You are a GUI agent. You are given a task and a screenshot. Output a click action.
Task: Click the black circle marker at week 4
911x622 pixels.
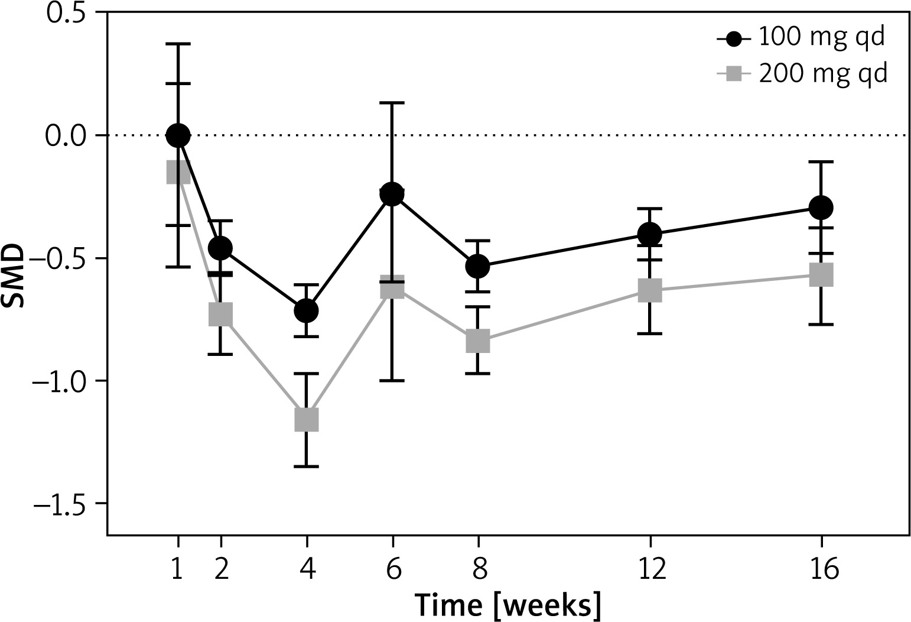click(306, 310)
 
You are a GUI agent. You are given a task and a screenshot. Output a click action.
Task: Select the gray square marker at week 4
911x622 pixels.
click(306, 419)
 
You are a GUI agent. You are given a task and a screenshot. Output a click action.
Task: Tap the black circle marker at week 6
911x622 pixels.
click(392, 193)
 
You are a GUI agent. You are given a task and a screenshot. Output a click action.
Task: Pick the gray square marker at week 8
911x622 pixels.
click(477, 341)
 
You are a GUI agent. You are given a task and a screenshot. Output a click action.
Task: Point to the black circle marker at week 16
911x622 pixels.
click(821, 207)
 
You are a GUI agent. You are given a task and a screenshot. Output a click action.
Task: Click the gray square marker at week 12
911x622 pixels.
click(649, 290)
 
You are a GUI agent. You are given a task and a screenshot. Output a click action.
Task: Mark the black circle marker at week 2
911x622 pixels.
click(220, 248)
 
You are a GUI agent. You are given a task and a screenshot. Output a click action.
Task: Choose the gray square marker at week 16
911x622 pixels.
click(821, 275)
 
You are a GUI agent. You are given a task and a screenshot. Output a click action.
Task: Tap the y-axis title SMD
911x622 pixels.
click(15, 276)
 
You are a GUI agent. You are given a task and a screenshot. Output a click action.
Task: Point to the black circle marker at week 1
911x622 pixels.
click(178, 135)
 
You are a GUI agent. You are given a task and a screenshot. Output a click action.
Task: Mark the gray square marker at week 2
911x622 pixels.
click(220, 315)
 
